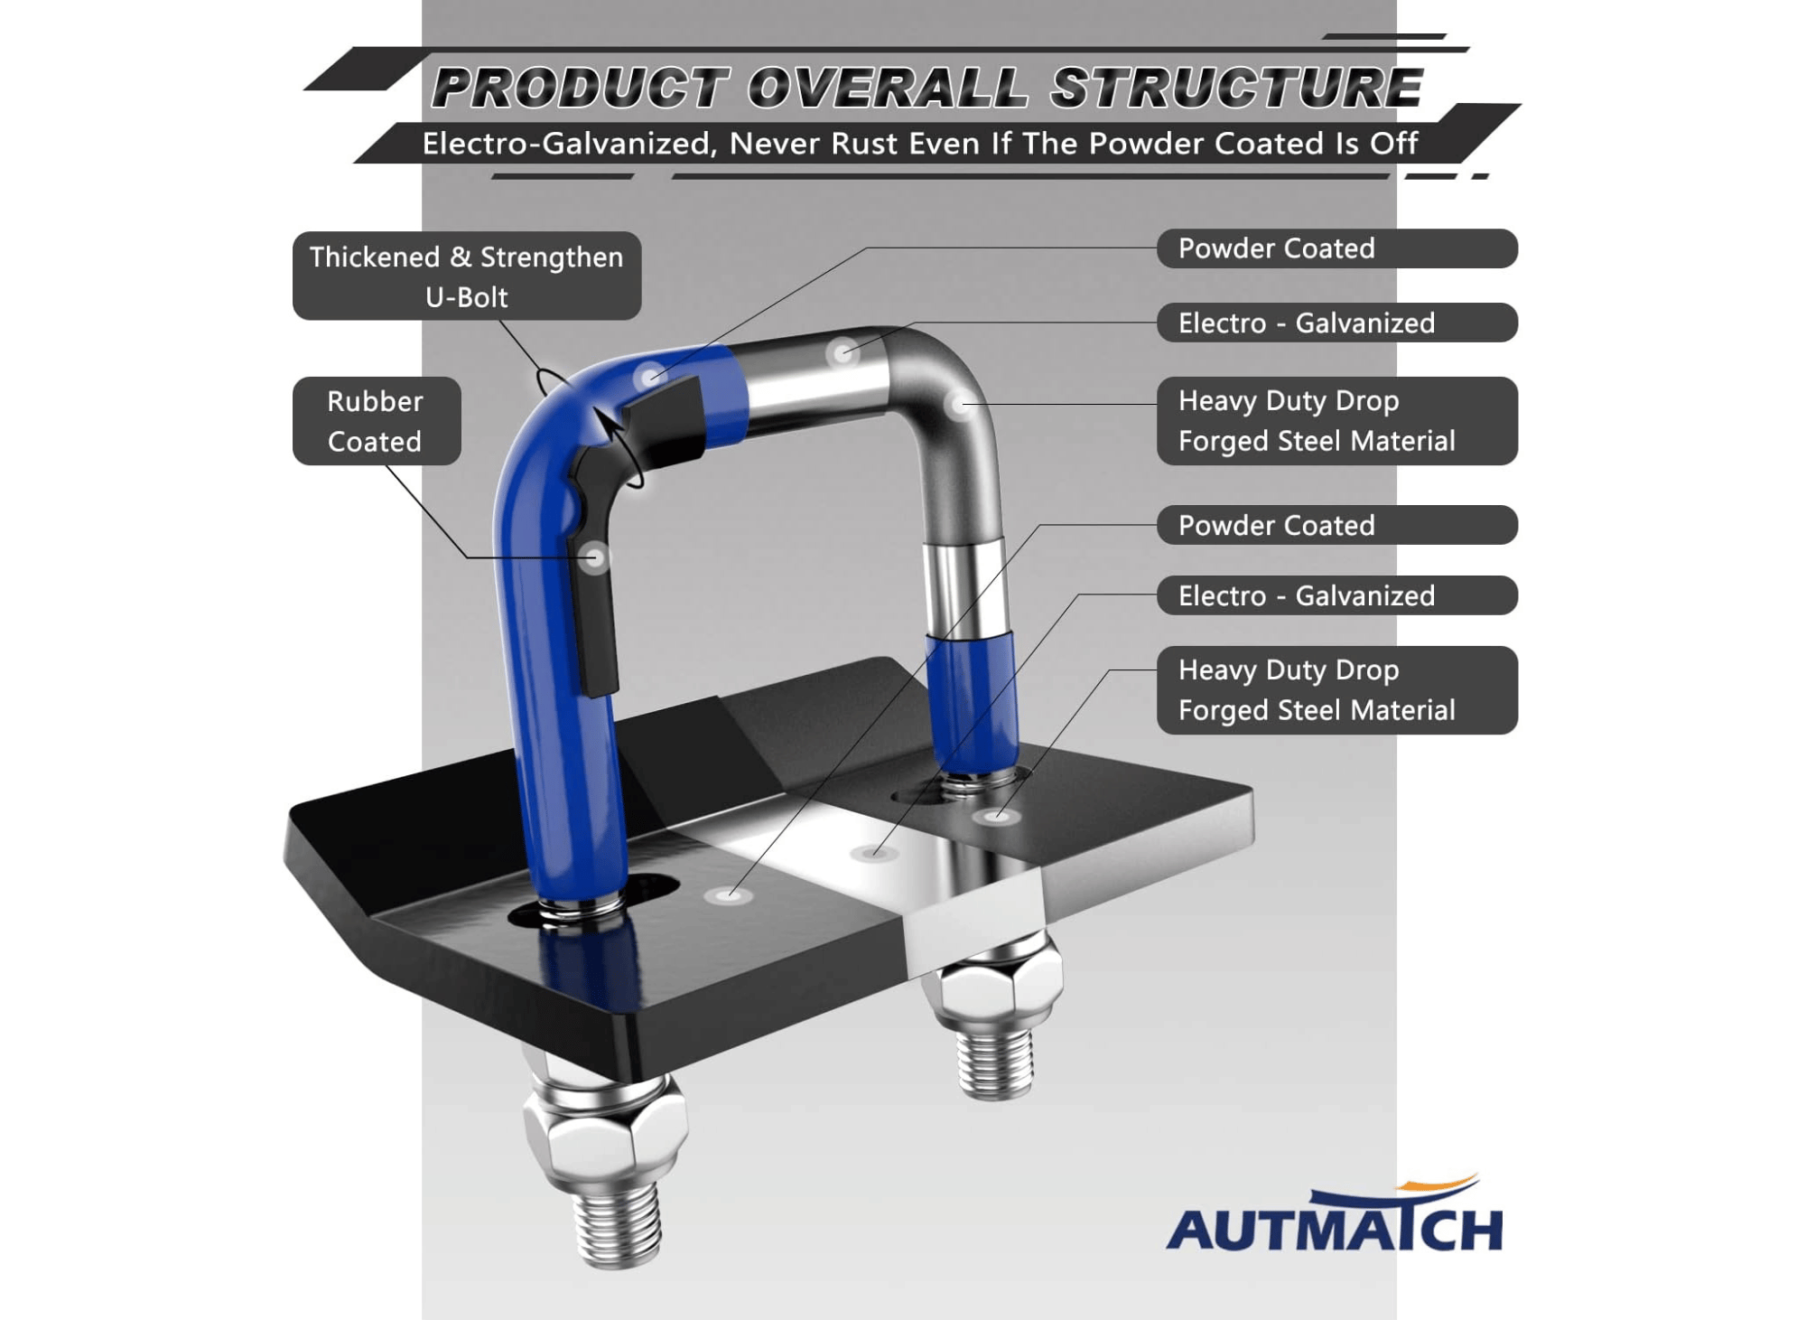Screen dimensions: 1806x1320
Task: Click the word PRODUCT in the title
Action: click(579, 88)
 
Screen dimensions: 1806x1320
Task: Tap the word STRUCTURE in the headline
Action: click(1236, 88)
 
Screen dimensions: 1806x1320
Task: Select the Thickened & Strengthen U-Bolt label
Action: click(467, 276)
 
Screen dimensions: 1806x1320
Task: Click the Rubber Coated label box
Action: click(377, 421)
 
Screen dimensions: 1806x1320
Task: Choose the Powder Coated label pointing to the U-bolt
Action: click(1336, 248)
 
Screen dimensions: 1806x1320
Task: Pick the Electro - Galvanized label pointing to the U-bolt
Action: click(1336, 323)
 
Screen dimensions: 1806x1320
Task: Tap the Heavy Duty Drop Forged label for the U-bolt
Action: click(1336, 421)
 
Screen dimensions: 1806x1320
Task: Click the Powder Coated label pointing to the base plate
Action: click(1336, 525)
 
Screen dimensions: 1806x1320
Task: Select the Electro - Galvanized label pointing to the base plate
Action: click(1336, 595)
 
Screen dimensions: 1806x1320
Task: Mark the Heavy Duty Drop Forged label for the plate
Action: click(1336, 690)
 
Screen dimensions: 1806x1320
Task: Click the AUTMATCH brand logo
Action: click(1335, 1214)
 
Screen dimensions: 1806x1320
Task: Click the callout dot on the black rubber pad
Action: click(593, 557)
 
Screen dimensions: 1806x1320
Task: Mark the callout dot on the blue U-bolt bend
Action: click(649, 377)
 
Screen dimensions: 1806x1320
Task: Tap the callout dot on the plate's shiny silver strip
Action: click(872, 852)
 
